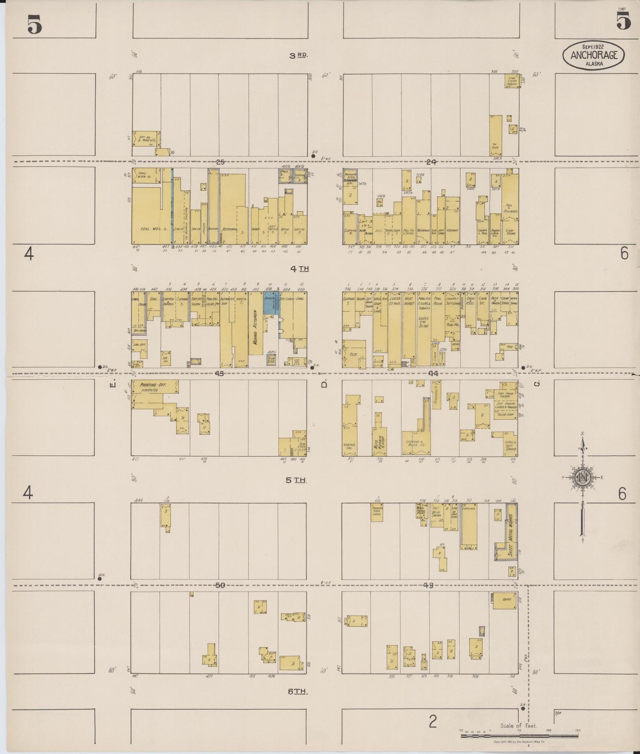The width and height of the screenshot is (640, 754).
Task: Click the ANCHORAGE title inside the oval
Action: point(593,55)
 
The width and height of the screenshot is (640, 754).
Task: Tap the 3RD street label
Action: point(298,55)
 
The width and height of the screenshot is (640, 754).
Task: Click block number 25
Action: point(220,162)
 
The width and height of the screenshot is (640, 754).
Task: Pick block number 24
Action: point(431,162)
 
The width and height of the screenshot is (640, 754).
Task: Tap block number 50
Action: point(220,585)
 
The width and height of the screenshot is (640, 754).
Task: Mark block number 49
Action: point(428,585)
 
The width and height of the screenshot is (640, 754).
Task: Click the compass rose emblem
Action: point(582,478)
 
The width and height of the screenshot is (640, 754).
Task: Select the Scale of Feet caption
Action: point(519,725)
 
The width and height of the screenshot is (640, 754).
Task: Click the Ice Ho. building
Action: point(166,358)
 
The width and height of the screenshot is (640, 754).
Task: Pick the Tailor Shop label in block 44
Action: point(504,415)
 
